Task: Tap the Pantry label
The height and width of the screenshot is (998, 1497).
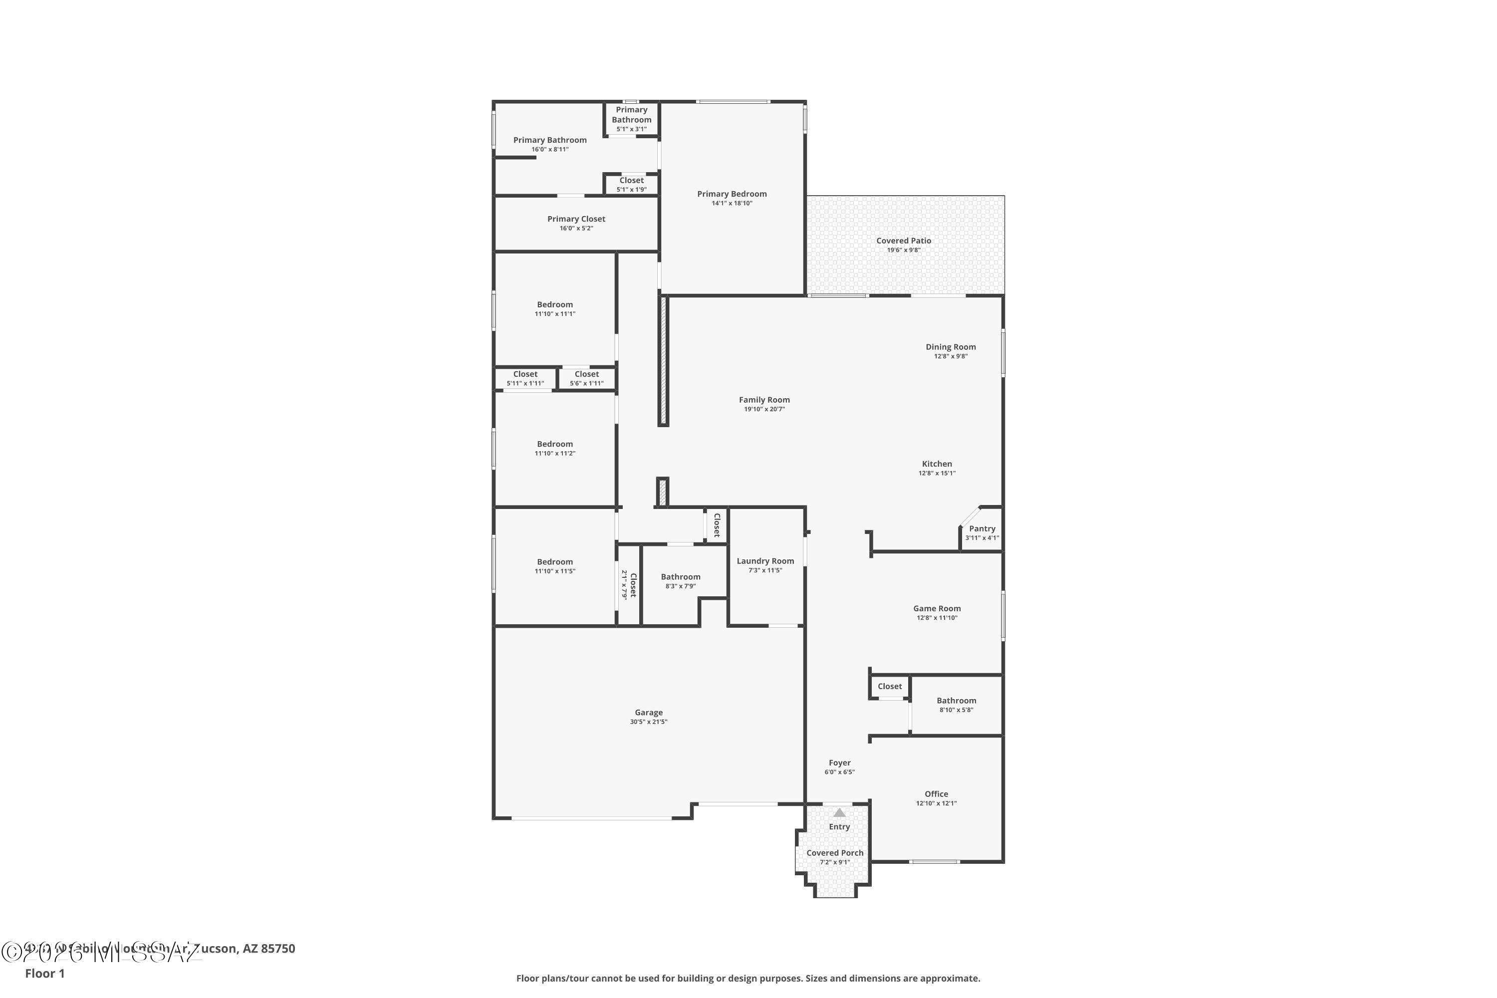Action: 982,528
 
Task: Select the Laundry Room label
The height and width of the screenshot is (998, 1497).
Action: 765,561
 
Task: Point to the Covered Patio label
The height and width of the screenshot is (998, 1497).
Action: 903,241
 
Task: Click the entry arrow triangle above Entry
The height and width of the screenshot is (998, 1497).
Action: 839,813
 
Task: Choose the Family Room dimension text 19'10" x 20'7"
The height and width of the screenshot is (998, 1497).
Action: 764,409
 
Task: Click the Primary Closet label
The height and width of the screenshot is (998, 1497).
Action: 576,219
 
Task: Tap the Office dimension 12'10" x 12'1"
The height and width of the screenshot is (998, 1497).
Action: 936,803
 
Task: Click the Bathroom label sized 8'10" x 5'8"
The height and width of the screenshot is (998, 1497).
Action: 956,700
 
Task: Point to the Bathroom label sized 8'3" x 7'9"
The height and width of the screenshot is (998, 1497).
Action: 681,577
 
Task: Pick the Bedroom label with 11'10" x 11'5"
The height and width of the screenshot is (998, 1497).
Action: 554,562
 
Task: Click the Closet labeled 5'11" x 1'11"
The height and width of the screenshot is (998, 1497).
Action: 525,374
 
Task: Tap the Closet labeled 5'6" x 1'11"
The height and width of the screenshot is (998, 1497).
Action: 586,374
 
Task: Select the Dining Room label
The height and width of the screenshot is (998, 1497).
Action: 950,347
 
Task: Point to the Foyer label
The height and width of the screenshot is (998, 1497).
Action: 839,762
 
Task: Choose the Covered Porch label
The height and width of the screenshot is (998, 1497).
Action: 834,853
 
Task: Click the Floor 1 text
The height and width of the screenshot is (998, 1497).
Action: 44,973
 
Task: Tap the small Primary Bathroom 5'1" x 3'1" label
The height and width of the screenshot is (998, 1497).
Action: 631,115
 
